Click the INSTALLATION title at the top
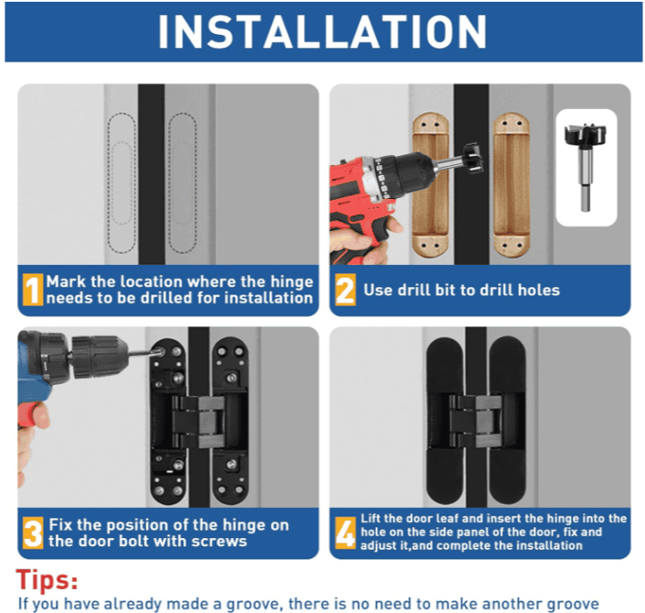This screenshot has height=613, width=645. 322,31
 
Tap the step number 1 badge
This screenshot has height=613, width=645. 32,290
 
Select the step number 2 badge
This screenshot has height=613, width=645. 344,290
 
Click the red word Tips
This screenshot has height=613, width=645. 46,580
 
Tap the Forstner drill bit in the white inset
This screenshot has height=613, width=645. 585,165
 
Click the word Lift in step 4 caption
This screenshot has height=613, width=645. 372,518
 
